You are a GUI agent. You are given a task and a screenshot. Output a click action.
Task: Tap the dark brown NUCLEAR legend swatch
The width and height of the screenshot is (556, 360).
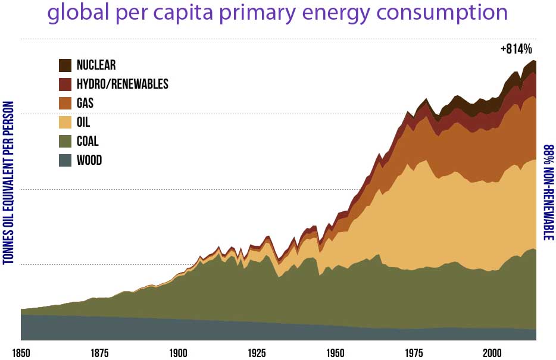(65, 65)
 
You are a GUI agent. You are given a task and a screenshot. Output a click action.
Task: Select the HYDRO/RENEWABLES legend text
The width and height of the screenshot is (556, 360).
(123, 84)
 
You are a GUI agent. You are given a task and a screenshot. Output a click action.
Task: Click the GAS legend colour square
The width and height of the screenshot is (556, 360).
(65, 103)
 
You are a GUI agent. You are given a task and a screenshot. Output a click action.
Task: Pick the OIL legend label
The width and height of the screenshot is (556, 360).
(83, 123)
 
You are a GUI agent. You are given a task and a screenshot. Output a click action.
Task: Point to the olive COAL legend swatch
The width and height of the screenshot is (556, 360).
(65, 142)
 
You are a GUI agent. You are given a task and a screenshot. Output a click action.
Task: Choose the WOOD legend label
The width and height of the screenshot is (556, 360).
(89, 161)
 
